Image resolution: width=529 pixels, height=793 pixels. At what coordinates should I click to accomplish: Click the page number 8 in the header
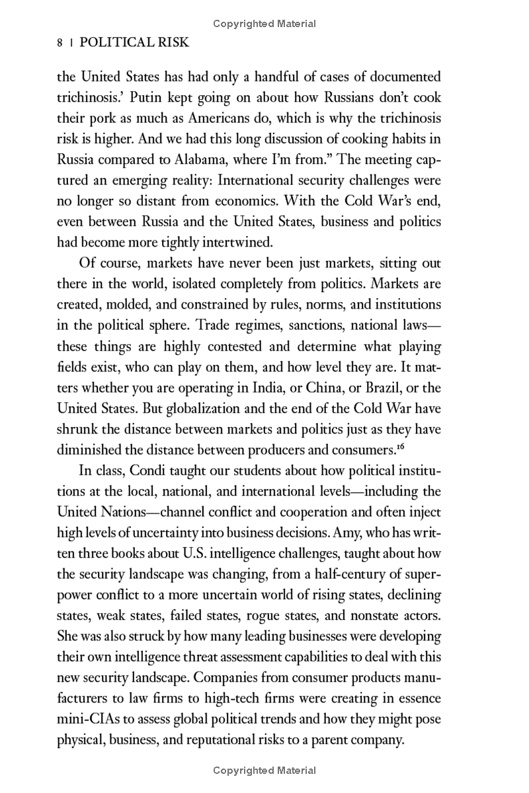(x=61, y=43)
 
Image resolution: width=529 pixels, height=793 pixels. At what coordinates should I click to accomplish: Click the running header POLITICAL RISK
(x=134, y=43)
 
